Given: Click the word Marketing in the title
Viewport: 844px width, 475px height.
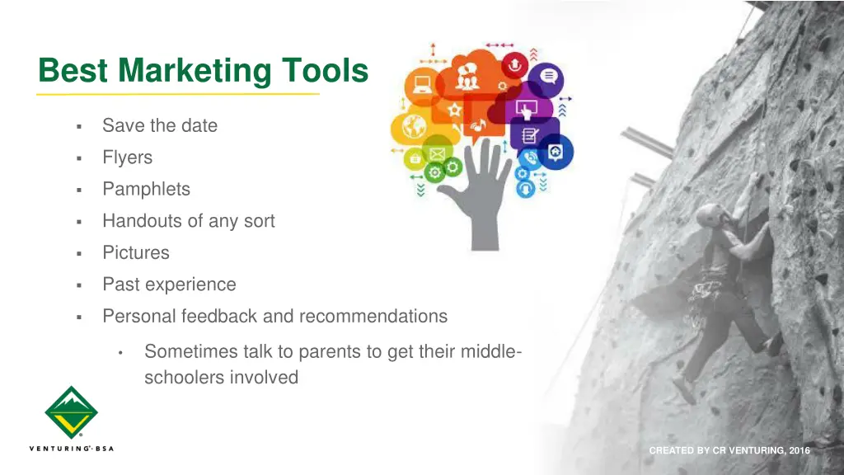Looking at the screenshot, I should (x=194, y=71).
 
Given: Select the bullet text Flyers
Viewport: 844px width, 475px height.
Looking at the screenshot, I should (x=127, y=158).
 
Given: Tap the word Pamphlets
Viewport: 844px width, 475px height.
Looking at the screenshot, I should (x=146, y=189).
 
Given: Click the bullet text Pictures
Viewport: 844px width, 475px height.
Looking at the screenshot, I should (x=135, y=252).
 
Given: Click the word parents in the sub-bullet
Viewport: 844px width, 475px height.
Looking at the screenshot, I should (x=329, y=351).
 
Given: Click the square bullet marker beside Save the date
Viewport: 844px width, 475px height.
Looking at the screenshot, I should (x=77, y=127).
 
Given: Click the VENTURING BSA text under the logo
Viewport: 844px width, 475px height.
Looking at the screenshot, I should (x=71, y=449).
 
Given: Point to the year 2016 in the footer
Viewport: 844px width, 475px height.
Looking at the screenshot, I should (x=799, y=450).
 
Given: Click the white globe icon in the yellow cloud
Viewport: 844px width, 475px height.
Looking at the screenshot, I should (x=414, y=126).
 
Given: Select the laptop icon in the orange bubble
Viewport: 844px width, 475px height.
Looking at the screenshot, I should (x=424, y=83).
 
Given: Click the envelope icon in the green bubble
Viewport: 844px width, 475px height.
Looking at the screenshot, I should (x=436, y=154).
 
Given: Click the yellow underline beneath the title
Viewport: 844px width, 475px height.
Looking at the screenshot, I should (x=178, y=94).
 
